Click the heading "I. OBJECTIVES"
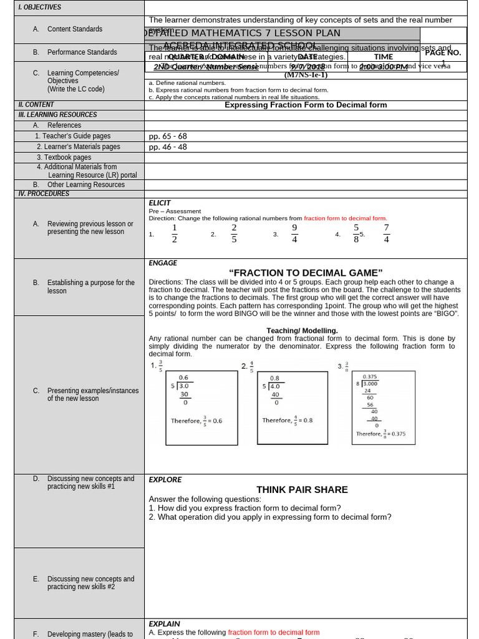[x=40, y=7]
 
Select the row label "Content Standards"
[x=75, y=29]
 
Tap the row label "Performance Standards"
[x=82, y=52]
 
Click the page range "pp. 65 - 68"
[x=168, y=136]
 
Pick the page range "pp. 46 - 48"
[x=168, y=147]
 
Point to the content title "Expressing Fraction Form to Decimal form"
[x=306, y=105]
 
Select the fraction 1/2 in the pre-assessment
[x=175, y=233]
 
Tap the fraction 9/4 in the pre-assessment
[x=294, y=233]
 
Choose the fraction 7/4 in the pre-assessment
[x=387, y=233]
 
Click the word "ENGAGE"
[x=163, y=263]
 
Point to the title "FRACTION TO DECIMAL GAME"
[x=306, y=273]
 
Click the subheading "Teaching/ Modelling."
[x=302, y=331]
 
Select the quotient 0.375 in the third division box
[x=370, y=376]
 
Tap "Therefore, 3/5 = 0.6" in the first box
[x=196, y=421]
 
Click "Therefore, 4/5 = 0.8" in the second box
[x=288, y=420]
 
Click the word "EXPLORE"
[x=165, y=480]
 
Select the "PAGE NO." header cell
[x=443, y=53]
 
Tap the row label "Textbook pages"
[x=64, y=158]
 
